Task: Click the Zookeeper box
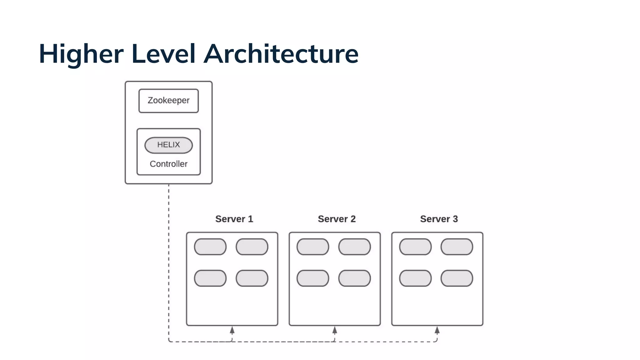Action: coord(168,101)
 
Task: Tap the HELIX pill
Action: coord(168,145)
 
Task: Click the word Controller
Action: coord(168,164)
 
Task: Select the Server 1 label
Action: coord(234,219)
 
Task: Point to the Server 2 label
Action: coord(337,219)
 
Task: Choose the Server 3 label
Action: coord(439,219)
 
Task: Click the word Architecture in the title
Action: coord(281,54)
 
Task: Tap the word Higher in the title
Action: coord(81,54)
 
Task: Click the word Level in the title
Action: coord(163,54)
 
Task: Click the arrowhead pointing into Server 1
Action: coord(232,330)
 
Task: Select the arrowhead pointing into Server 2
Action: coord(335,330)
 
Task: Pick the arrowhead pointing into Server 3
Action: coord(437,330)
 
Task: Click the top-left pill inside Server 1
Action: coord(210,247)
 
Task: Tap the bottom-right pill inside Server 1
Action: coord(252,278)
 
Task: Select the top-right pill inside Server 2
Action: coord(354,247)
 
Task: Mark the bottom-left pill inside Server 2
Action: coord(313,278)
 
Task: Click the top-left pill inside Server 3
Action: coord(415,247)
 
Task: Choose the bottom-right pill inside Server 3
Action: coord(457,278)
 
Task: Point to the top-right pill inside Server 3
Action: coord(457,247)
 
